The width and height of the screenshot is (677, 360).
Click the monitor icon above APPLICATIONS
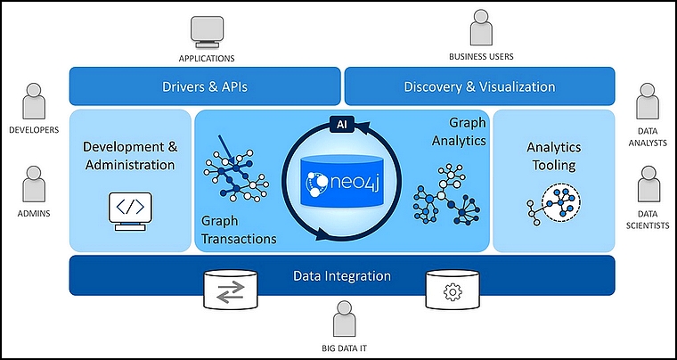coord(208,31)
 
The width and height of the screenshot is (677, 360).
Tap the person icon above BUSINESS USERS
coord(481,27)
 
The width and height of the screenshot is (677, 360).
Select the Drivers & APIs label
coord(205,86)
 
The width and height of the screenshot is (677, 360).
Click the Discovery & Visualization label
coord(479,86)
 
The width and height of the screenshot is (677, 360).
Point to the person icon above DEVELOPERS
coord(34,101)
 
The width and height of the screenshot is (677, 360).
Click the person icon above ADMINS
coord(34,184)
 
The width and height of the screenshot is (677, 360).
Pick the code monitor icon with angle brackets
coord(130,211)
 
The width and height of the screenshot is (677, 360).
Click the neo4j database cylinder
coord(341,182)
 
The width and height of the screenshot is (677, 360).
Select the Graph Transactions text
coord(239,230)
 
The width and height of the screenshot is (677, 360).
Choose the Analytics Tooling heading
coord(554,156)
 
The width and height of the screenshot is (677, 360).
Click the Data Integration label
coord(342,276)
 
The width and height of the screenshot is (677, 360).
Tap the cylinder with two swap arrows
coord(231,290)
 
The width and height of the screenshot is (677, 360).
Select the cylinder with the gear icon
coord(453,290)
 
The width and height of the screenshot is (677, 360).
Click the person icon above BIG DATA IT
coord(344,319)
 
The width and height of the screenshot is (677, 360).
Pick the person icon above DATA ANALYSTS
coord(648,101)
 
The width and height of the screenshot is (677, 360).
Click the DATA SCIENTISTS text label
coord(648,220)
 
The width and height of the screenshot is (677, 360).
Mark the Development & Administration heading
coord(130,155)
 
